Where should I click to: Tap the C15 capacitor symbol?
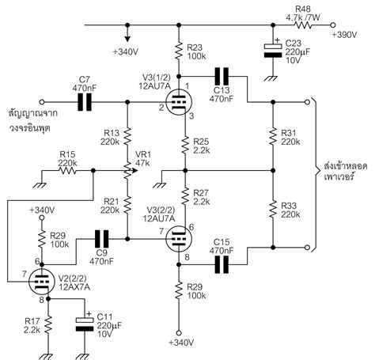(x=222, y=263)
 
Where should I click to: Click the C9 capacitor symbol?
(x=100, y=237)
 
